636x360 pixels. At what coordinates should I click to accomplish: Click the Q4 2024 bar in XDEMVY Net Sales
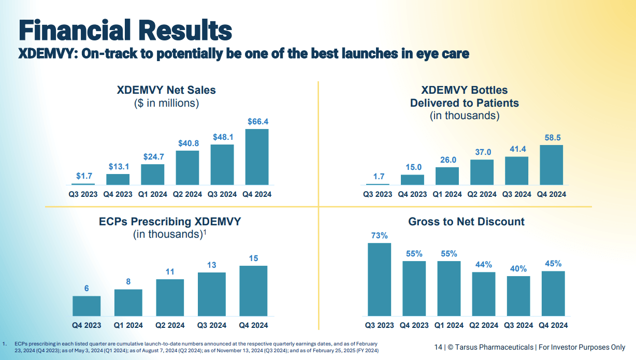coord(256,157)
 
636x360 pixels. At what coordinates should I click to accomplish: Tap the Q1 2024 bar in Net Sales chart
coord(152,175)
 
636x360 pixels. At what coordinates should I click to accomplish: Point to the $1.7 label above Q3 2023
coord(83,177)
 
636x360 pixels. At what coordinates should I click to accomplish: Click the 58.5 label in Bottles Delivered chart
coord(552,138)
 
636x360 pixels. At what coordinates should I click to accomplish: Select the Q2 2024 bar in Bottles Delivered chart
coord(482,172)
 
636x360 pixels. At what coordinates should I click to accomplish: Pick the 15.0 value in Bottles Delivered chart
coord(412,167)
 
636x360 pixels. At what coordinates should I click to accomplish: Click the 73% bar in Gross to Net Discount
coord(379,279)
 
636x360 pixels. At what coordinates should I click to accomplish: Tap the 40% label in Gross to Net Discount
coord(518,269)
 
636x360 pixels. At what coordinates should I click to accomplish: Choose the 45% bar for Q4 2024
coord(553,293)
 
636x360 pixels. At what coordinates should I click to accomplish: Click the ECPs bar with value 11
coord(170,298)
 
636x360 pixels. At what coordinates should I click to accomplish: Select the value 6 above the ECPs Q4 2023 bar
coord(86,289)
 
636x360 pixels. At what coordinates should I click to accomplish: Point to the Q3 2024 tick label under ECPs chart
coord(211,325)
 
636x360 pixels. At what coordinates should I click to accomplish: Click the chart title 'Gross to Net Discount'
coord(466,222)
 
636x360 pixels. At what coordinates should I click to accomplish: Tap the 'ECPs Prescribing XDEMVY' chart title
coord(170,222)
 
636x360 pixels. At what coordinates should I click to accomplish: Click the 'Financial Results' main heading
coord(125,30)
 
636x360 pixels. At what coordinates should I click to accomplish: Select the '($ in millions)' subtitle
coord(166,103)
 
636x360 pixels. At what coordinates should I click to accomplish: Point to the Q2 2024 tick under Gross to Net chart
coord(483,325)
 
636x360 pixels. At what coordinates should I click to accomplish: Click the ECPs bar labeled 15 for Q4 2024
coord(253,291)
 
